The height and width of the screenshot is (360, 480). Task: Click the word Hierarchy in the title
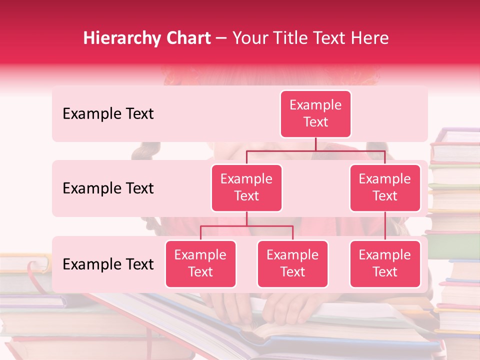[115, 38]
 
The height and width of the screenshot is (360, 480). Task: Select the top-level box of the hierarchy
[315, 113]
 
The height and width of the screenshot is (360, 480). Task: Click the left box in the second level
[246, 187]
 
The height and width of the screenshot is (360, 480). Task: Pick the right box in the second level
[385, 187]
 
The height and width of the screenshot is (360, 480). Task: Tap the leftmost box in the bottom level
[200, 263]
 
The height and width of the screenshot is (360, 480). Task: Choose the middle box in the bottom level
[292, 263]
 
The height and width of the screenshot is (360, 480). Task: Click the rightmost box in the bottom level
[385, 263]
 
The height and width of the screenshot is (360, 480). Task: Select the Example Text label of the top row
[108, 114]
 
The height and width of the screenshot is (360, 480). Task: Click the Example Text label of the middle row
[108, 188]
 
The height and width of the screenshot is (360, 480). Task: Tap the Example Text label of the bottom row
[108, 264]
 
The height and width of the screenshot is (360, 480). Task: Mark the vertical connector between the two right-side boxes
[385, 226]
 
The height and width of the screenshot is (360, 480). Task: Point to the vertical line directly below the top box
[315, 144]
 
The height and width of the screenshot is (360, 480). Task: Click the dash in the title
[221, 38]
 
